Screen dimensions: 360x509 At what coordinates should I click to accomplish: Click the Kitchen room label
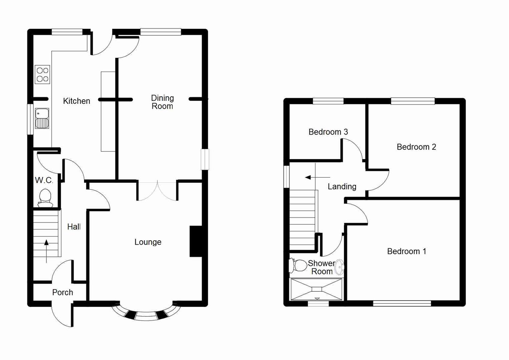tap(76, 101)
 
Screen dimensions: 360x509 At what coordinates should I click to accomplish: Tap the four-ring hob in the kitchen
tap(42, 74)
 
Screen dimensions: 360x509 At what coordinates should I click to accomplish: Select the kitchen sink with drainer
tap(42, 118)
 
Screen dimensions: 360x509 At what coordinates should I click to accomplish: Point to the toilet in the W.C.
tap(45, 197)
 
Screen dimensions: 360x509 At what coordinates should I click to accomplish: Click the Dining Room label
tap(162, 102)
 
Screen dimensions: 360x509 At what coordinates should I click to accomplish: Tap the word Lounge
tap(148, 242)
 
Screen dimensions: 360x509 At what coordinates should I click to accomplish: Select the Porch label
tap(62, 292)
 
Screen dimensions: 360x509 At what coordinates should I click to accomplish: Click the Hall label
tap(74, 227)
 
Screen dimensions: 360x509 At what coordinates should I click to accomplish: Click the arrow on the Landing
tap(317, 177)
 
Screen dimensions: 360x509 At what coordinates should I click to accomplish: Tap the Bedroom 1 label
tap(406, 251)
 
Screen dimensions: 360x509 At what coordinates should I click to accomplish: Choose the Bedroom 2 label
tap(416, 147)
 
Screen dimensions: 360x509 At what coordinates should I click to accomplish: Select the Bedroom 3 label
tap(328, 132)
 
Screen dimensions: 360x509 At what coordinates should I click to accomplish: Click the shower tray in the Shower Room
tap(316, 289)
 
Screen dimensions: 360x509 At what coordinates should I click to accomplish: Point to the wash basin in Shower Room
tap(339, 267)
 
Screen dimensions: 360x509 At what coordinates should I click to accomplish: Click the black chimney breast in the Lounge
tap(196, 241)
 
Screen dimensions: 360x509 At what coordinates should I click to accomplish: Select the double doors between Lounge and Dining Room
tap(157, 191)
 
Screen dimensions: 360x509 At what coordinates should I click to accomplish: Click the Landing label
tap(342, 187)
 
